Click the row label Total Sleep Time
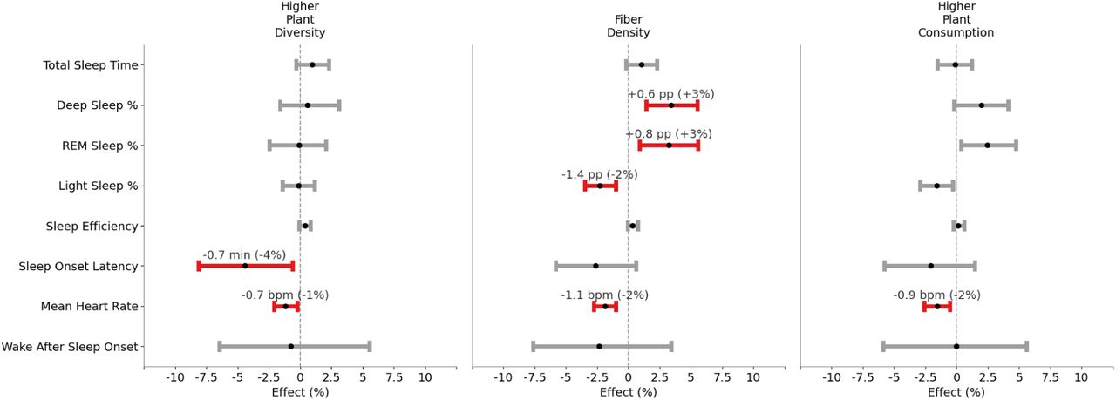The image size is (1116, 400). (90, 65)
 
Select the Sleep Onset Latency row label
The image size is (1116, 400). (78, 266)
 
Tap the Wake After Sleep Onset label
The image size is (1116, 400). (70, 347)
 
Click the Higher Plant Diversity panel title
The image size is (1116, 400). (300, 19)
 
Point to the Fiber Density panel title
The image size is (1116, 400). (628, 26)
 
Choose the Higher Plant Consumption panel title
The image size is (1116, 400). (956, 19)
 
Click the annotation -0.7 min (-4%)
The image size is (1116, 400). (244, 254)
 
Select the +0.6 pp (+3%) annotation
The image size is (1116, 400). (670, 94)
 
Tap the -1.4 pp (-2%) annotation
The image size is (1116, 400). (599, 174)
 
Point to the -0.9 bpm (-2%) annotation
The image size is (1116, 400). (936, 295)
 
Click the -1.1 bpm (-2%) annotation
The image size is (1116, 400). (604, 295)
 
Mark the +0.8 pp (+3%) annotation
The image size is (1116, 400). (669, 134)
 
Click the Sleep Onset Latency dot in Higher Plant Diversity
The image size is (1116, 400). (245, 266)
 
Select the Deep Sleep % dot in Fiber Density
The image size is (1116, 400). (670, 105)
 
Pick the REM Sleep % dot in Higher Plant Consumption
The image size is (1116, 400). (987, 146)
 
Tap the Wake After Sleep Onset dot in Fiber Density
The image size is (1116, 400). (599, 347)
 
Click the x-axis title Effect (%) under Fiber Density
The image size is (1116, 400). (628, 392)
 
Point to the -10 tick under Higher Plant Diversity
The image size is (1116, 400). (175, 378)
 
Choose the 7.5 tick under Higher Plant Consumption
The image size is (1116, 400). (1050, 378)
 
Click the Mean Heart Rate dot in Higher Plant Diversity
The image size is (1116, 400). (285, 307)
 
